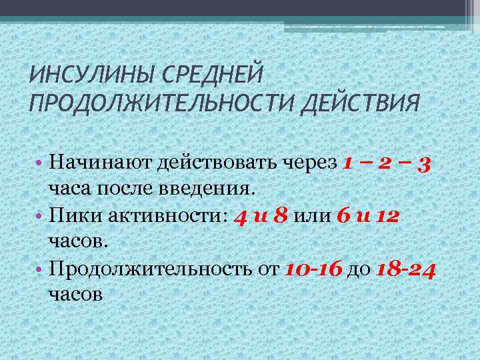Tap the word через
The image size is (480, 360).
point(315,162)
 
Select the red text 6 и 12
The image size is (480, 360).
point(369,215)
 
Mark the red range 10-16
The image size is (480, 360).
point(313,269)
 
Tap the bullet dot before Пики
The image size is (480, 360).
point(40,216)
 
